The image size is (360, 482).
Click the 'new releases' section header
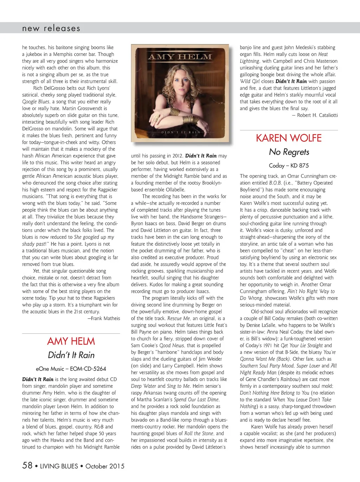(51, 28)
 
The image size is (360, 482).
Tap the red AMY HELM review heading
(71, 341)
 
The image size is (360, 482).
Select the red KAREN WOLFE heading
(289, 138)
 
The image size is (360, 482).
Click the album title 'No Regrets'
(289, 152)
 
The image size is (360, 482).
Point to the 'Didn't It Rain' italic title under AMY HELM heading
(71, 355)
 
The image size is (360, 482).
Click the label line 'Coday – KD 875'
(289, 166)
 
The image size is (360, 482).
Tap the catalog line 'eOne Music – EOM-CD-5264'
(71, 369)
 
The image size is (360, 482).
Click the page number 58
(27, 465)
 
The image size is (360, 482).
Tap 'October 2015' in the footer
(105, 466)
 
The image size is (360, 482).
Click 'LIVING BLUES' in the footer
(59, 466)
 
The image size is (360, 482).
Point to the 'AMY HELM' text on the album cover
(180, 57)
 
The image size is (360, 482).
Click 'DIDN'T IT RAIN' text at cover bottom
(180, 132)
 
